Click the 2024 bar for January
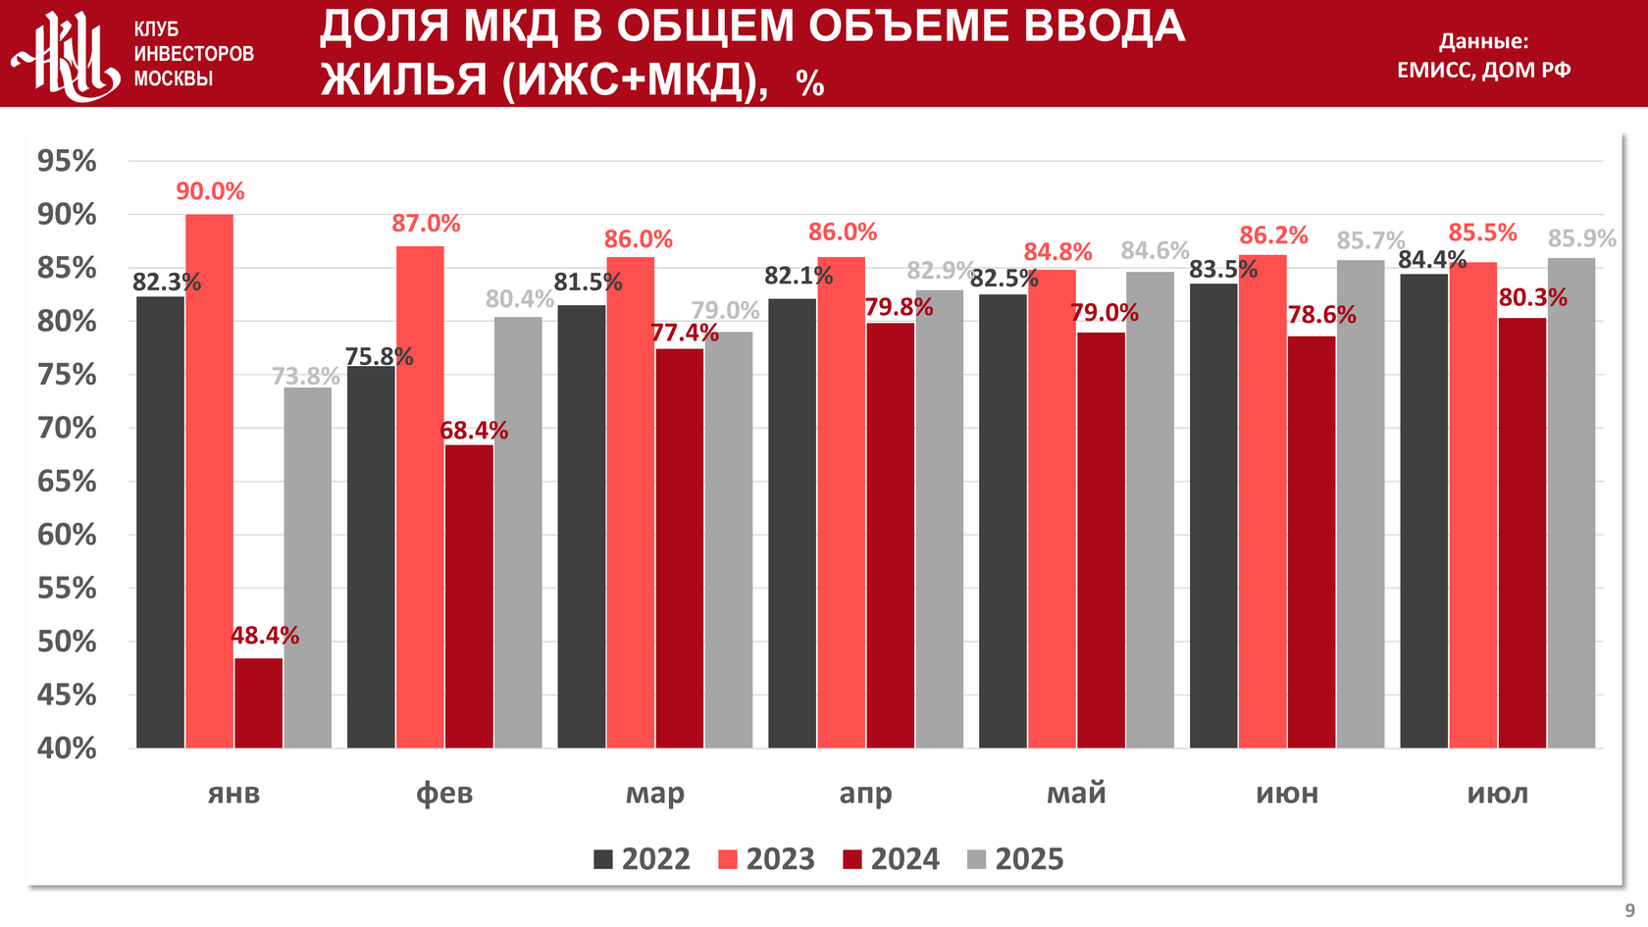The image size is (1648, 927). pos(258,702)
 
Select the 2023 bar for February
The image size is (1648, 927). pos(420,496)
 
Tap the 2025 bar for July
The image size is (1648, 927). pos(1571,502)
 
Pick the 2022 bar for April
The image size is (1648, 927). pos(792,523)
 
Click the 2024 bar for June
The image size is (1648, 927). pos(1312,541)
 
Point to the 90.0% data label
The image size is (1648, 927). pos(210,191)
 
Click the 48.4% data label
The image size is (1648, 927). pos(265,636)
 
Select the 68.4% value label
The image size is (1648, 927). pos(474,431)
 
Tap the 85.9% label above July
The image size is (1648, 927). pos(1581,238)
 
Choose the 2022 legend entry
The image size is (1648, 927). pos(643,859)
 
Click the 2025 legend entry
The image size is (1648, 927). pos(1015,859)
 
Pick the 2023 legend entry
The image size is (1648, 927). pos(767,859)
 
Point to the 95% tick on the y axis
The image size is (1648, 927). pos(67,161)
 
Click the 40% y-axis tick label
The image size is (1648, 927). pos(67,748)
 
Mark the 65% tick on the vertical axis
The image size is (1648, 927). pos(67,482)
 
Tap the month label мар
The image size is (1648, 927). pos(655,793)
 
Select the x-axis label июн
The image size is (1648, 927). pos(1287,793)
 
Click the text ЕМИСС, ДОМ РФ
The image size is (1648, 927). pos(1483,70)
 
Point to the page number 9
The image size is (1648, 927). pos(1629,910)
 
